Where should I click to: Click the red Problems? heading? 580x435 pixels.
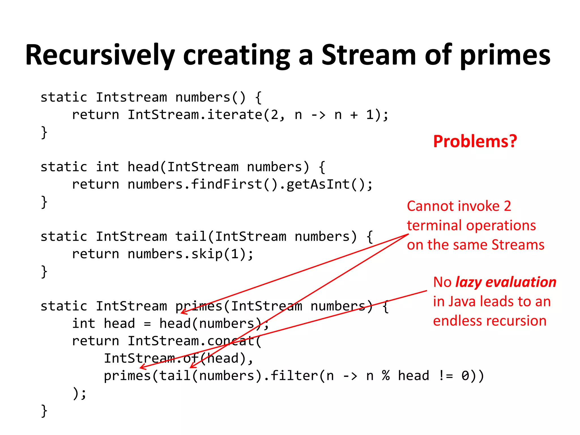pyautogui.click(x=475, y=141)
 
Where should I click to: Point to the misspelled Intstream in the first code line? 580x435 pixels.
pyautogui.click(x=131, y=97)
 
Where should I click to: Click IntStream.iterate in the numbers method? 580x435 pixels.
pyautogui.click(x=195, y=115)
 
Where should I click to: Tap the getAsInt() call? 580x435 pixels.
pyautogui.click(x=326, y=184)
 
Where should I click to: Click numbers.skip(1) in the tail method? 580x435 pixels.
pyautogui.click(x=190, y=254)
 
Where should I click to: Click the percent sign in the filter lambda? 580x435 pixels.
pyautogui.click(x=385, y=376)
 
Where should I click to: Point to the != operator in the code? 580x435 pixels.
pyautogui.click(x=445, y=376)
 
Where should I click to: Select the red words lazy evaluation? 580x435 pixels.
pyautogui.click(x=506, y=282)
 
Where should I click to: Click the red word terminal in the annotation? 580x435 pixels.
pyautogui.click(x=434, y=226)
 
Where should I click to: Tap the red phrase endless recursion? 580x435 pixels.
pyautogui.click(x=490, y=321)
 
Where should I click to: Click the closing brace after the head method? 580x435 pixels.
pyautogui.click(x=44, y=202)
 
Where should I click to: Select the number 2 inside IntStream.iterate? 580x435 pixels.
pyautogui.click(x=274, y=115)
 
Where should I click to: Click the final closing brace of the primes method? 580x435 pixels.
pyautogui.click(x=44, y=411)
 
